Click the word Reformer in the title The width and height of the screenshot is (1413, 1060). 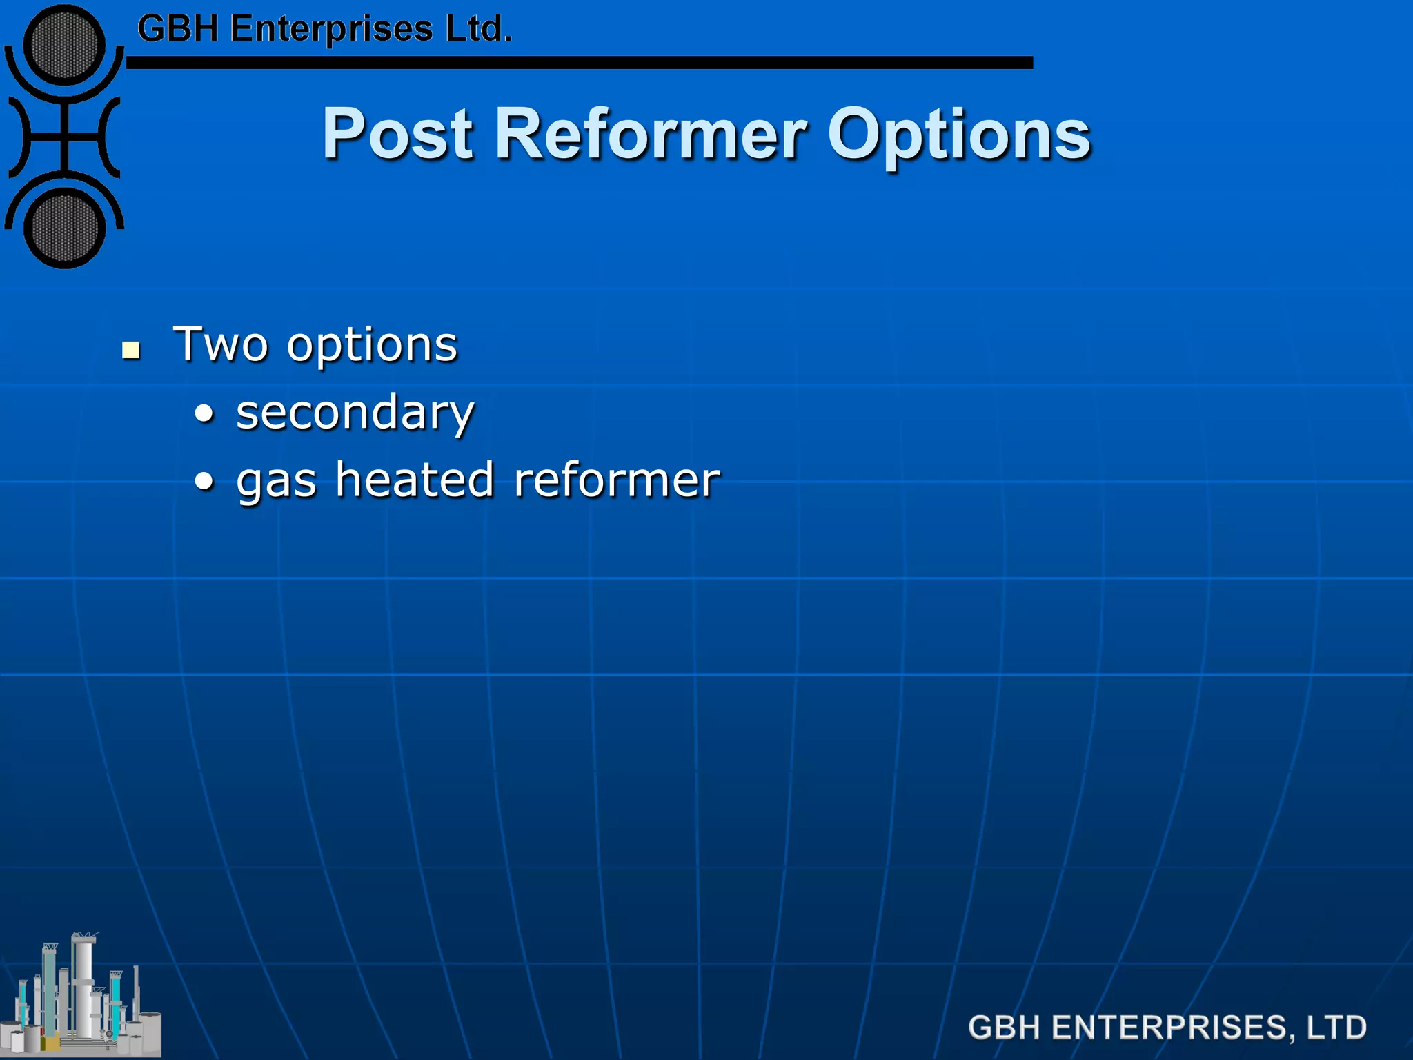coord(650,134)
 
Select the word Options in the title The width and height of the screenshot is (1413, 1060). coord(958,134)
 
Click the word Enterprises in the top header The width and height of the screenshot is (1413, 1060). coord(331,30)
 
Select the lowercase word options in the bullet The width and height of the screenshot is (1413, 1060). coord(372,345)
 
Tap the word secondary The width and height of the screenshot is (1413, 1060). coord(355,413)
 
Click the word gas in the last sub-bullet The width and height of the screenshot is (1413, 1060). coord(276,481)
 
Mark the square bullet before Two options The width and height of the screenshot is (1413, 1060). coord(130,350)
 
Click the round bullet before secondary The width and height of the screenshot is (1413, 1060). coord(204,415)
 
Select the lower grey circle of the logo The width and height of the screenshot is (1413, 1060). coord(64,228)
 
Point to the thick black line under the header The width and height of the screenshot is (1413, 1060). coord(580,63)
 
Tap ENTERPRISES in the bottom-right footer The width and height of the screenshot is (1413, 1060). coord(1169,1027)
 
